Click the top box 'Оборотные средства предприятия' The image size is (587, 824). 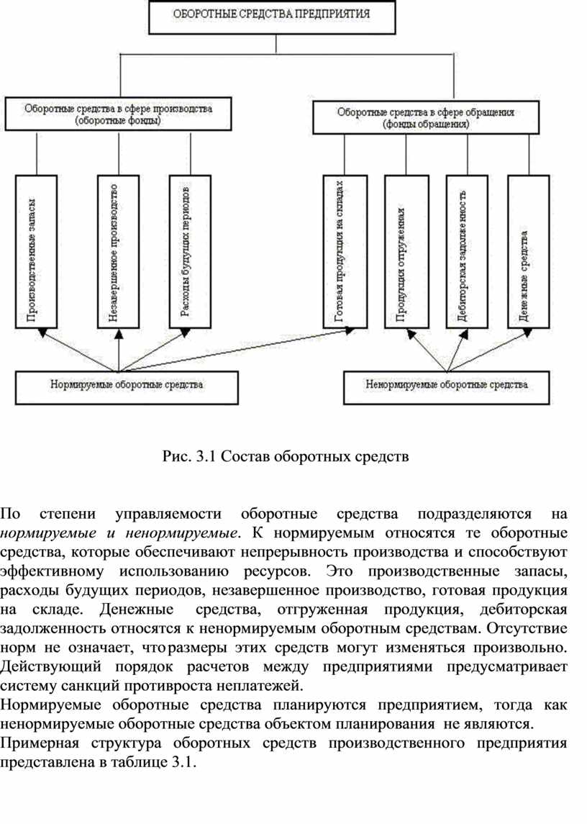(x=272, y=16)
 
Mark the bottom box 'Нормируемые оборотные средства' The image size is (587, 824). (x=127, y=385)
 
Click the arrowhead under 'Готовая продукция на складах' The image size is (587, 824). (x=349, y=331)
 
